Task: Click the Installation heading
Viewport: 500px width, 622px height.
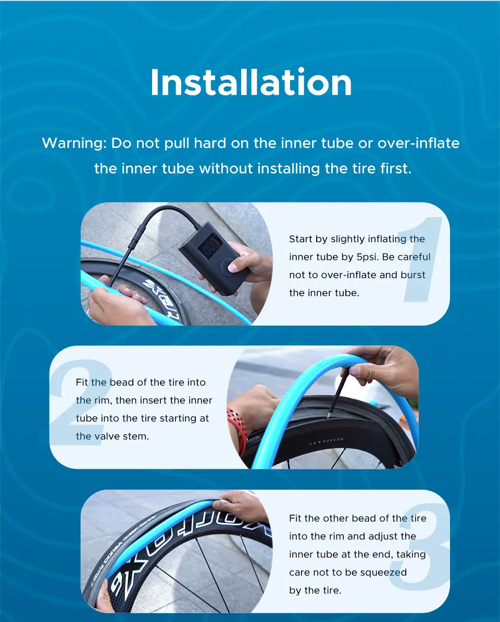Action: click(x=251, y=82)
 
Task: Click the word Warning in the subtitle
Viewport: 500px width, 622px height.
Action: click(x=74, y=143)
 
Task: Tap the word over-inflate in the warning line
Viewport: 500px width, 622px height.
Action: click(x=418, y=143)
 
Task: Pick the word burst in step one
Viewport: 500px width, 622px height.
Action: click(x=413, y=275)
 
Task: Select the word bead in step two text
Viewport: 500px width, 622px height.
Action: click(x=121, y=382)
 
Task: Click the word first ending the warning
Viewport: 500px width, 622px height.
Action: click(x=396, y=169)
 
